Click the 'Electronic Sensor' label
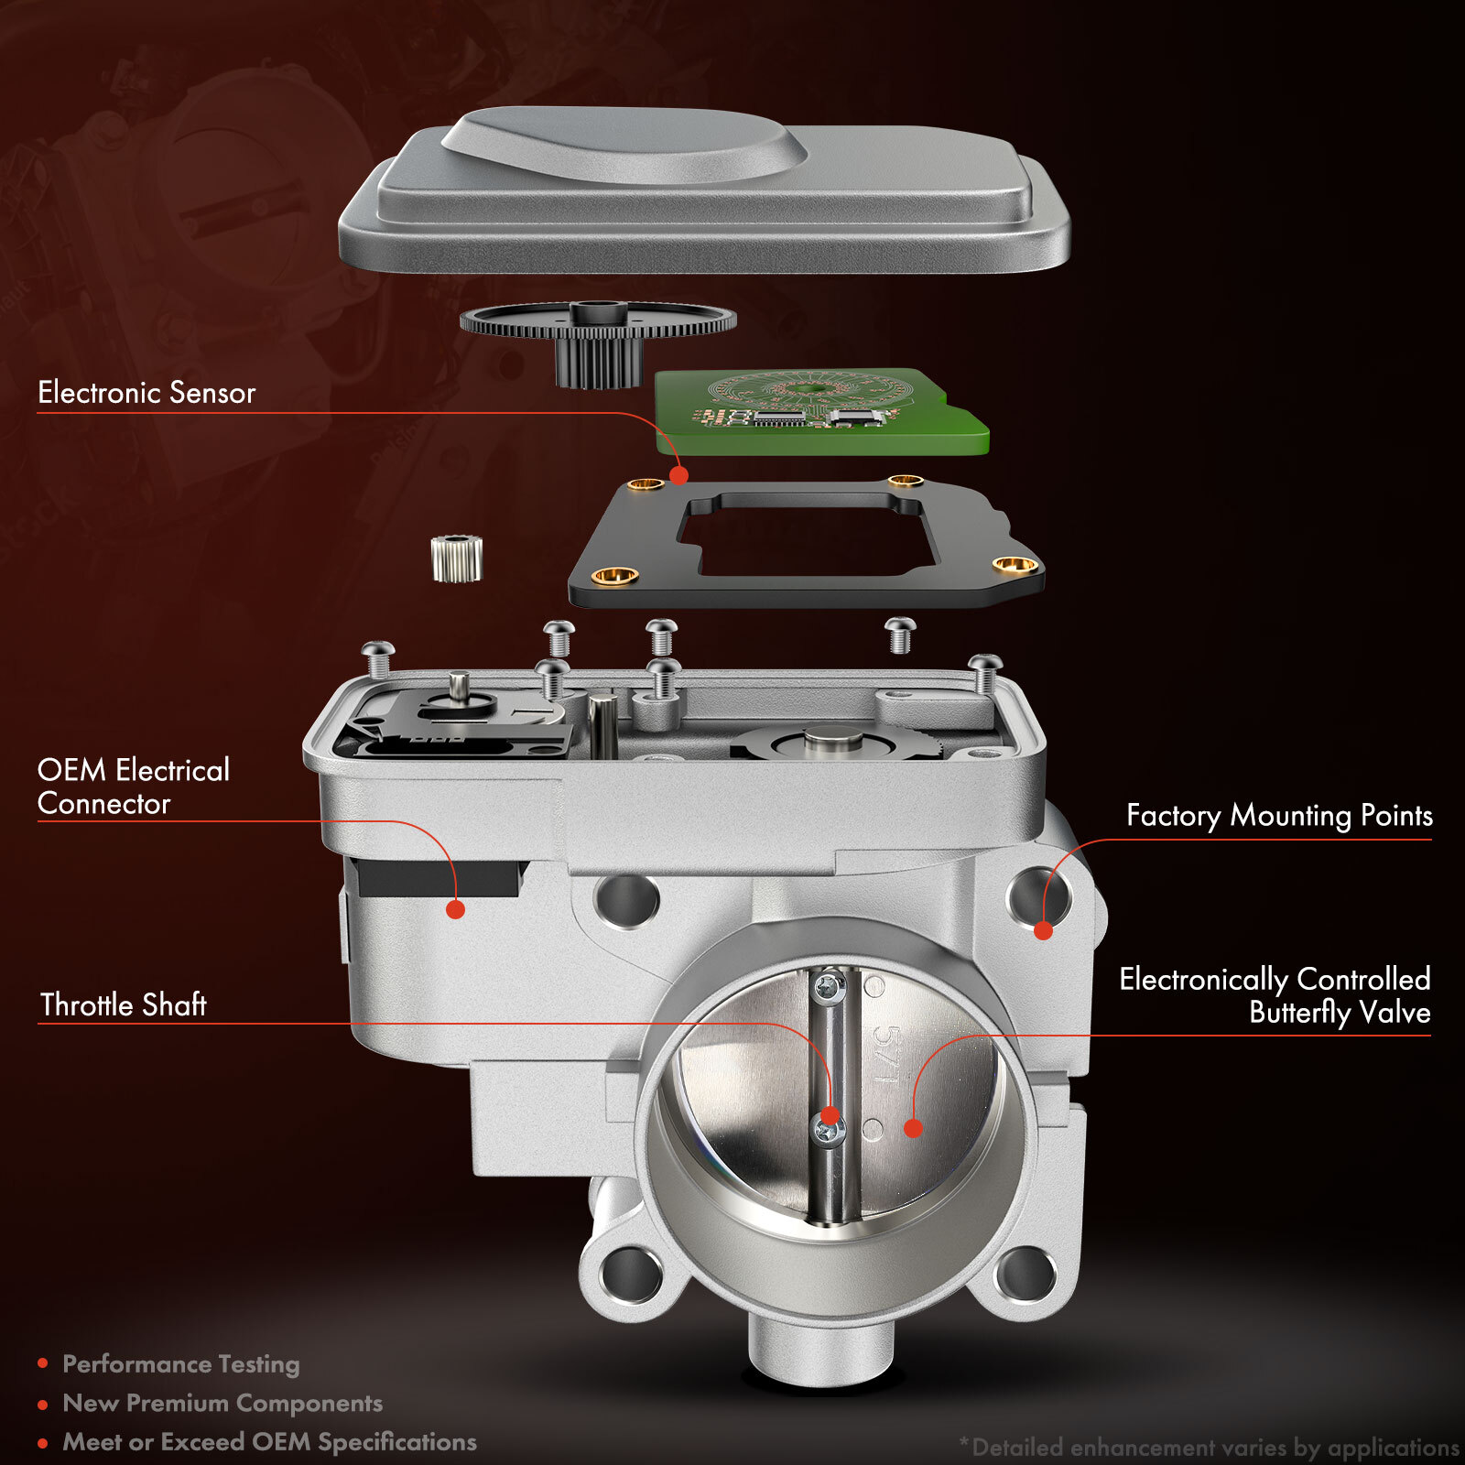coord(146,393)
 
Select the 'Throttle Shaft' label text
coord(124,1004)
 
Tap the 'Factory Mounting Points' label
coord(1278,815)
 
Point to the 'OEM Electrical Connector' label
coord(134,787)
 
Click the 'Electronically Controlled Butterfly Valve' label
coord(1275,995)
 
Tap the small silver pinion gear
coord(456,559)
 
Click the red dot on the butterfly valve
coord(912,1128)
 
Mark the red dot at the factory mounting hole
coord(1043,931)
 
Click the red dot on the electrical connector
coord(455,909)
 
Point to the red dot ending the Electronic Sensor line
coord(678,475)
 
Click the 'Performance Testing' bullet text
coord(180,1364)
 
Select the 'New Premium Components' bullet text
coord(222,1403)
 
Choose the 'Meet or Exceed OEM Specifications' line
coord(269,1442)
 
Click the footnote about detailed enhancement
coord(1209,1448)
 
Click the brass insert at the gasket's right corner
coord(1015,564)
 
